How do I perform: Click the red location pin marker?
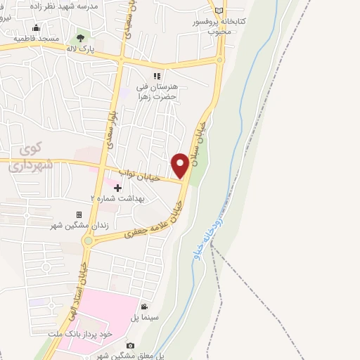click(180, 165)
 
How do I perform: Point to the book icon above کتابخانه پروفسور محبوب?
click(219, 11)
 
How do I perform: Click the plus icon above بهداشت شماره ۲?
click(117, 188)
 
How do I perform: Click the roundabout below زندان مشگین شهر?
click(88, 241)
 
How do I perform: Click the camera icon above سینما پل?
click(144, 307)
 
